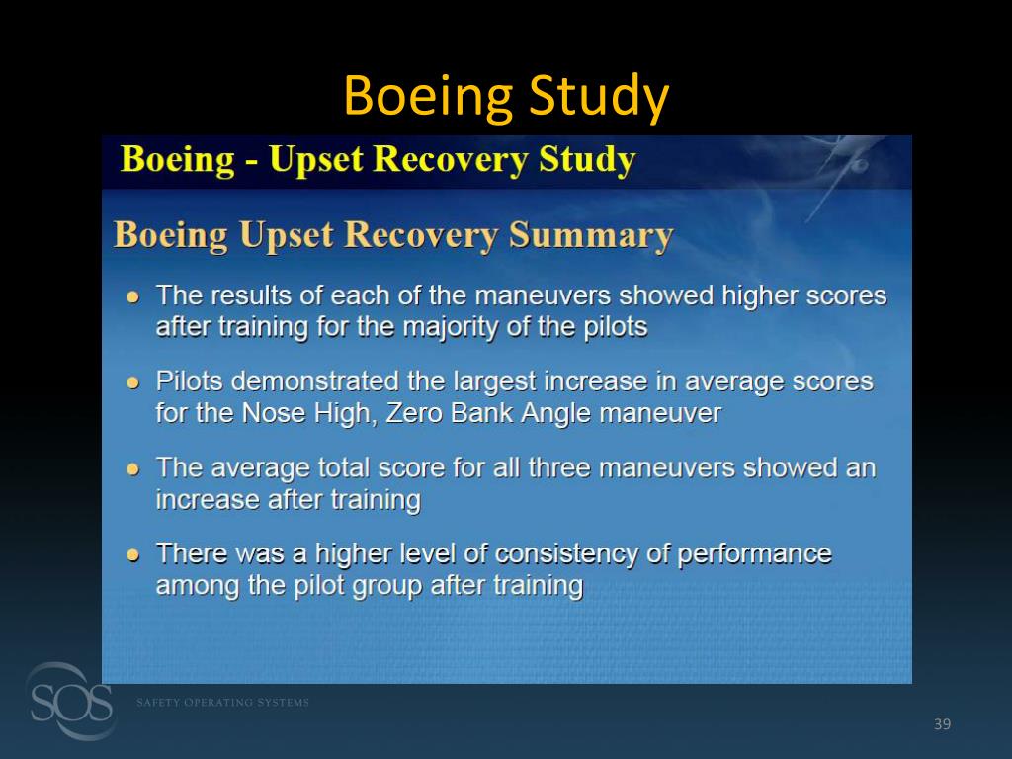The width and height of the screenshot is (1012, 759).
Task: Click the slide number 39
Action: [942, 725]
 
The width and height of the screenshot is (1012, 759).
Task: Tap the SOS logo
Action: [69, 702]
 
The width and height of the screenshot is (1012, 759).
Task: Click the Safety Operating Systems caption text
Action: [222, 703]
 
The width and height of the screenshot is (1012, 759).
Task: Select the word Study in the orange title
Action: [599, 97]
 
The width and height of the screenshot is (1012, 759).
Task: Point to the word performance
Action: [754, 553]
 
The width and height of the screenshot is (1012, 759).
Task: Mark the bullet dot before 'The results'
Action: [132, 296]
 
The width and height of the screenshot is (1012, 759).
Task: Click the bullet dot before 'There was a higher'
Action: [132, 554]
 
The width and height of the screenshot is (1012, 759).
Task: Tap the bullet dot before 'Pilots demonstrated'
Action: [132, 382]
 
